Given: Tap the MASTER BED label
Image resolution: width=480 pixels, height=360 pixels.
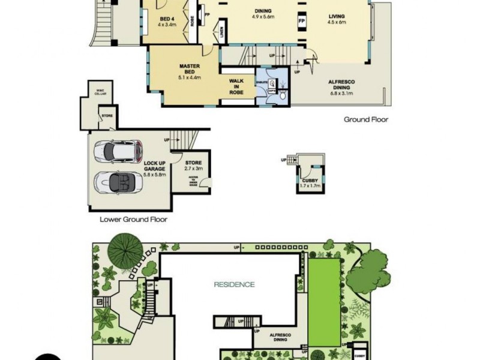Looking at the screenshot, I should click(x=189, y=71).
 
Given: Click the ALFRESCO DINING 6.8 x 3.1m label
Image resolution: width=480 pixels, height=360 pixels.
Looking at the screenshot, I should click(x=340, y=88).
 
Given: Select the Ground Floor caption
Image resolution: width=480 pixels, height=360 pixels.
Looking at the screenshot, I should click(x=365, y=119).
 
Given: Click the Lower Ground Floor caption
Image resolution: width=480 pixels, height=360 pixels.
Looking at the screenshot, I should click(x=133, y=220).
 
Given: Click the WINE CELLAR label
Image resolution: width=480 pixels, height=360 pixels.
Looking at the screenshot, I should click(x=100, y=92).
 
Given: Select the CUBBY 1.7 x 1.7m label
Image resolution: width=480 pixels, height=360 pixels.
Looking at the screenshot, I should click(x=310, y=182).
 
